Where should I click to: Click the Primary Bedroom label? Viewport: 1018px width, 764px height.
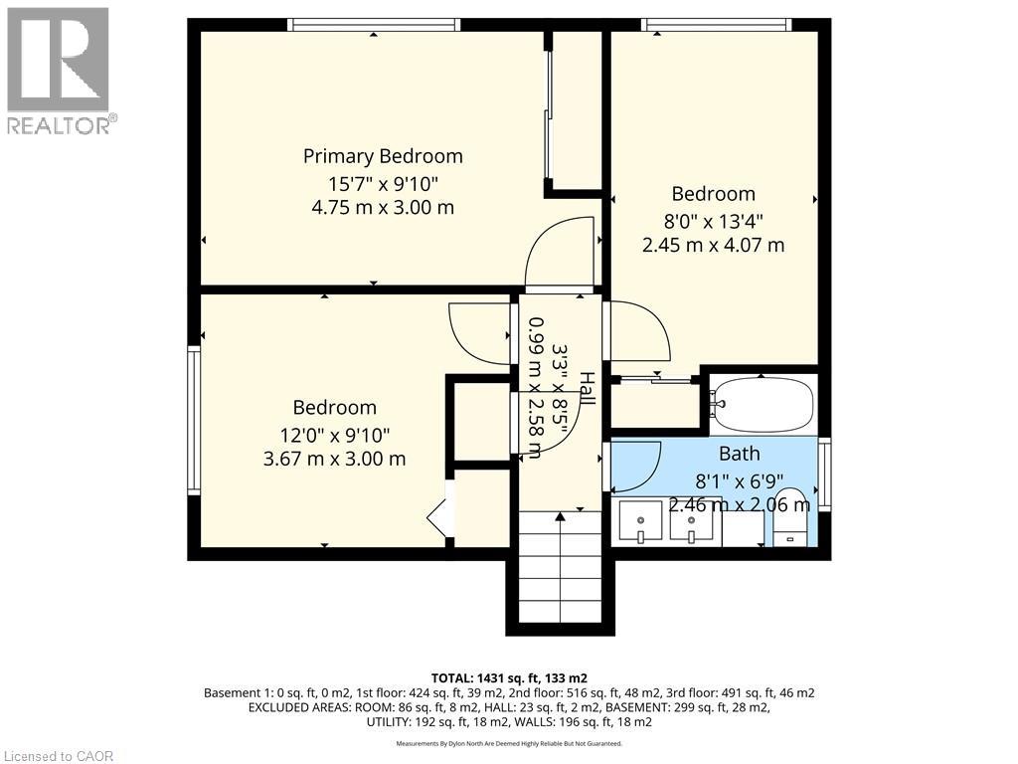coord(383,156)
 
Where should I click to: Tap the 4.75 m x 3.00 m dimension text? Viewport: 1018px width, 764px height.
coord(383,208)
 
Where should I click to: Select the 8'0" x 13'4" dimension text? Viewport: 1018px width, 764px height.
coord(713,222)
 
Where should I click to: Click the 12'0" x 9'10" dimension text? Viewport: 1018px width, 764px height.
coord(335,434)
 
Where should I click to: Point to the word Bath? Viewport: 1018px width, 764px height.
coord(740,454)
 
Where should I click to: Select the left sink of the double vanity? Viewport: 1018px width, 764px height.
coord(640,521)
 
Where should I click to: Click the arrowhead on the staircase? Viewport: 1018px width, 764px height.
coord(560,516)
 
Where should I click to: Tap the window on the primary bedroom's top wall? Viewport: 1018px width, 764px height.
coord(374,25)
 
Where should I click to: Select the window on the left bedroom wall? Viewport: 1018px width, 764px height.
coord(194,420)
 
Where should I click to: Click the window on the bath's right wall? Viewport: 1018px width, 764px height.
coord(824,474)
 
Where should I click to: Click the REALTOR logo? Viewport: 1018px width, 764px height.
coord(60,71)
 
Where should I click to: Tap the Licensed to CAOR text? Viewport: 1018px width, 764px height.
coord(57,756)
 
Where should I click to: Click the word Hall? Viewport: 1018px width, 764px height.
coord(587,389)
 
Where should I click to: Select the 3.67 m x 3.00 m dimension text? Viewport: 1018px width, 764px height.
coord(335,460)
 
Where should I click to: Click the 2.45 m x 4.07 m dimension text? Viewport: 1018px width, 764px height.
coord(713,246)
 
